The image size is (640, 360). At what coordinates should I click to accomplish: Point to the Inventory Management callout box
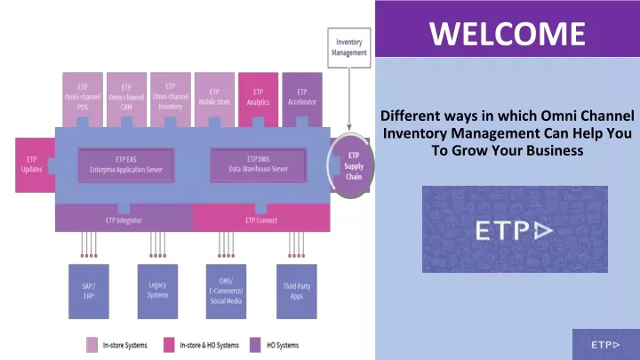coord(349,48)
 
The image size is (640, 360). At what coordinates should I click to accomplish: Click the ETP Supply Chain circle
coord(351,165)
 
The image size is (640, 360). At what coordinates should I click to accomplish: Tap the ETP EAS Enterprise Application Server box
coord(126,165)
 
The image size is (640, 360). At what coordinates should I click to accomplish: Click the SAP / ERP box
coord(89,292)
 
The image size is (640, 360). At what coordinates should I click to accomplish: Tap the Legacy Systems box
coord(157,292)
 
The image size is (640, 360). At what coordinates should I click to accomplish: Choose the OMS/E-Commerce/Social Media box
coord(226,292)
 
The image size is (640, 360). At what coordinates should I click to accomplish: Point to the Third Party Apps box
coord(297,292)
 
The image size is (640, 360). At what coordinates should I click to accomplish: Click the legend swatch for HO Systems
coord(255,345)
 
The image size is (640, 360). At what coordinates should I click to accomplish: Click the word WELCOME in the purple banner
coord(508,34)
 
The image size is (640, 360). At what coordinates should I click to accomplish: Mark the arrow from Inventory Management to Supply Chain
coord(349,100)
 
